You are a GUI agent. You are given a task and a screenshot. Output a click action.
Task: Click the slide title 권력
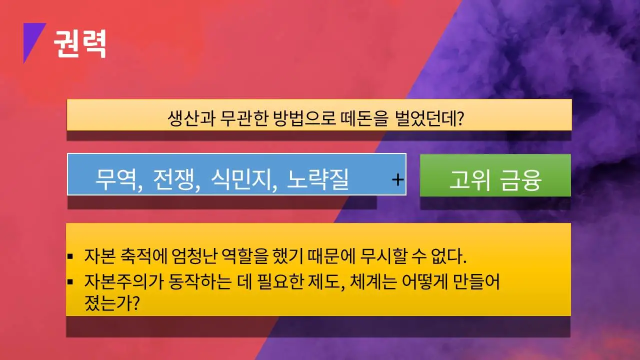tap(80, 44)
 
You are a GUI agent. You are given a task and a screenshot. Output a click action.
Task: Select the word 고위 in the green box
tap(468, 180)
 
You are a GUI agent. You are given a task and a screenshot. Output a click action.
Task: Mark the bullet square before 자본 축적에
tap(70, 257)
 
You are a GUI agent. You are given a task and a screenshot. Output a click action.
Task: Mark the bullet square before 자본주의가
tap(70, 281)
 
